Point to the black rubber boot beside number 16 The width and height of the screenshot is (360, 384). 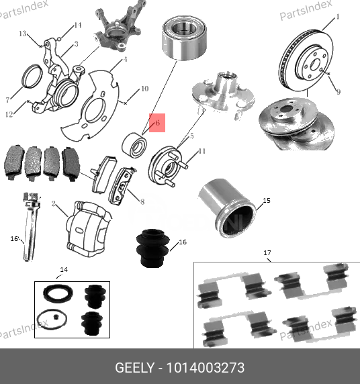154,248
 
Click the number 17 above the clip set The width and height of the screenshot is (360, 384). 267,253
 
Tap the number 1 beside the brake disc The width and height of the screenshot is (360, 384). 337,15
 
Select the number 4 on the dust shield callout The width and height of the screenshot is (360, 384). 124,59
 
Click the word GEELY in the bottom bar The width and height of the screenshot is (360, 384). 134,368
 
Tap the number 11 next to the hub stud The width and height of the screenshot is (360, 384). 202,151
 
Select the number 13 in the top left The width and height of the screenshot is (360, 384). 22,34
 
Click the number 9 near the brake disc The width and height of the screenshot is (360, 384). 338,92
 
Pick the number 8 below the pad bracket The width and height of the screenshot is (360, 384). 142,201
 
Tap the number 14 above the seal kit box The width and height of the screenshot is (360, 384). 64,270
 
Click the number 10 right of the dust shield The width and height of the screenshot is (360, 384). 144,89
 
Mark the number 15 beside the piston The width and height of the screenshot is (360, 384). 266,200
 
